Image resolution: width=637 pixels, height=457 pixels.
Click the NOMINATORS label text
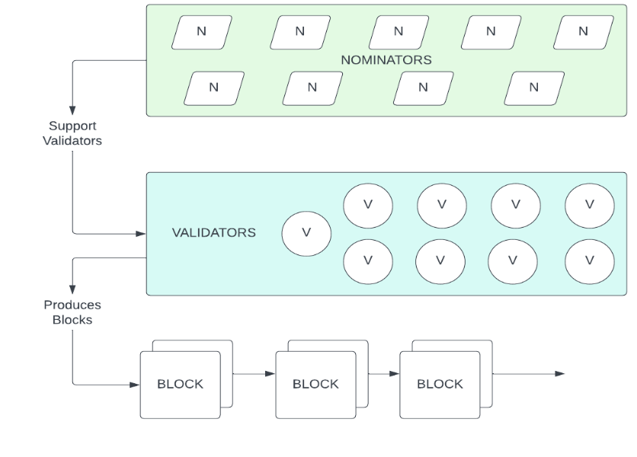(386, 59)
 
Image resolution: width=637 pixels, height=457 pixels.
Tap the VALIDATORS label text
(213, 232)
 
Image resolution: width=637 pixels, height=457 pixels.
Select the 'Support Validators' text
(72, 133)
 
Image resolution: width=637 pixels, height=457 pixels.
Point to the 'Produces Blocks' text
(72, 312)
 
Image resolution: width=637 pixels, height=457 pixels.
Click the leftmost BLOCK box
(180, 385)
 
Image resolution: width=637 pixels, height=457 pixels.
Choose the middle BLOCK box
(315, 385)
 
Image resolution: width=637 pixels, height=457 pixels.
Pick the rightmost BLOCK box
(440, 385)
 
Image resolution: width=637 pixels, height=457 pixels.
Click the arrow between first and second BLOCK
(253, 373)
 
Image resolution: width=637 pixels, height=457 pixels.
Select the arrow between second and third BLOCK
(383, 373)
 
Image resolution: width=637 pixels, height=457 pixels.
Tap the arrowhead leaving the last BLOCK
(560, 373)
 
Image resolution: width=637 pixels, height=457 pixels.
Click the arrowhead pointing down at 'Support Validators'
(72, 111)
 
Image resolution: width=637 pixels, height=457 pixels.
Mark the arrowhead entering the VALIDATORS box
(141, 233)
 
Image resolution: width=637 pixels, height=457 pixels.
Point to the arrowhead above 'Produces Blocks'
(72, 290)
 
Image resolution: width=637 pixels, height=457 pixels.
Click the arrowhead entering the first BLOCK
(135, 385)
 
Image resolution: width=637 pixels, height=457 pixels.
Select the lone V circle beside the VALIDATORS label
(306, 233)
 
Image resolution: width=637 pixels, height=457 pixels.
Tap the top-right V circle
(589, 204)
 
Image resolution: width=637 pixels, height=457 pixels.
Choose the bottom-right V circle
(589, 260)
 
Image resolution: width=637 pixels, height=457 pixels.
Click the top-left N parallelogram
(202, 32)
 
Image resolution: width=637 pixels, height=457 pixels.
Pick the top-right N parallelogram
(583, 32)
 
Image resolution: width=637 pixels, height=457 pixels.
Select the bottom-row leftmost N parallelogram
(214, 88)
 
